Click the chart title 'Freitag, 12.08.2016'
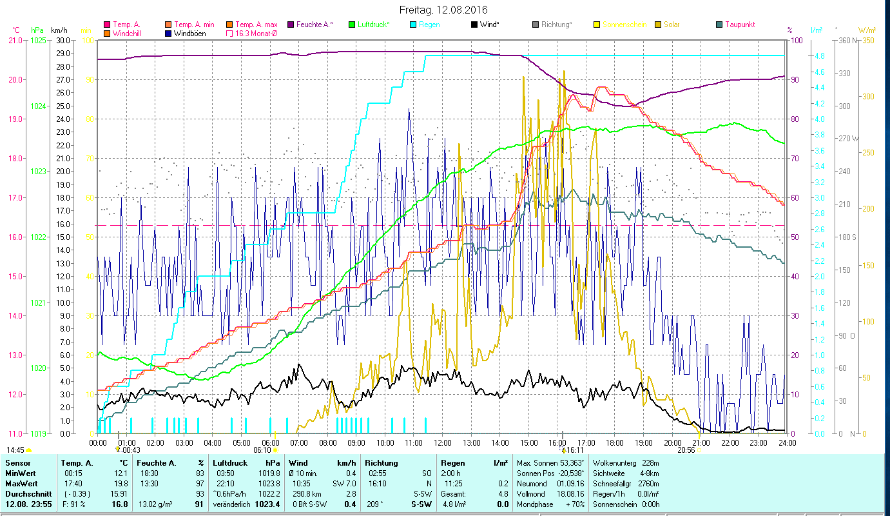click(443, 10)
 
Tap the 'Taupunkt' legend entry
click(739, 25)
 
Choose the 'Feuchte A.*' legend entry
click(314, 25)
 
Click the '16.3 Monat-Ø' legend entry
click(257, 33)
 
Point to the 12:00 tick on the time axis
click(443, 442)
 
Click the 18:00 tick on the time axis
click(615, 442)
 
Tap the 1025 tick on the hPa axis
click(38, 40)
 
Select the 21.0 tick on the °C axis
click(14, 40)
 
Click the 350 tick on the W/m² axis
click(867, 40)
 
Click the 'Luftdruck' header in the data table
click(230, 463)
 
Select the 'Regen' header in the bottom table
click(452, 463)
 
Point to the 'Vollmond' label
click(532, 493)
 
